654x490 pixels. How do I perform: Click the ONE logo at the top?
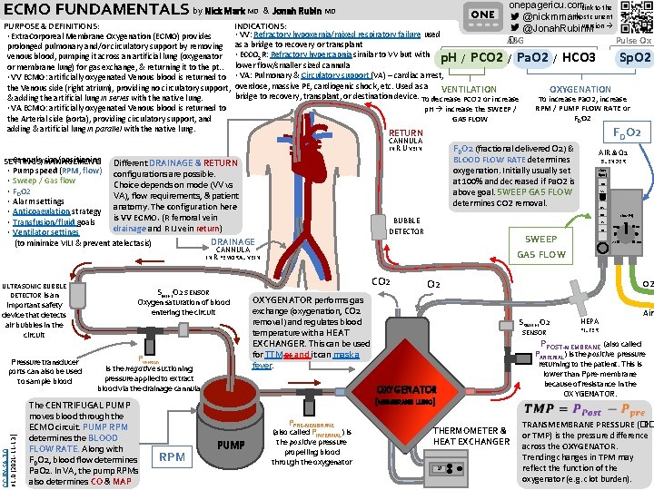point(482,15)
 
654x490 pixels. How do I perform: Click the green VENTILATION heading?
point(469,89)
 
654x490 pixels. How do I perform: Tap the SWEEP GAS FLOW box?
point(541,247)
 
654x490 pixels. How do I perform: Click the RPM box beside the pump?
point(173,458)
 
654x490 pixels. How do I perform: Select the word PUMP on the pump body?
point(231,444)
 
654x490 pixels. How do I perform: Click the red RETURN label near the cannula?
point(406,132)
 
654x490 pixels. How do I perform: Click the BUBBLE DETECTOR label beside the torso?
point(406,225)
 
